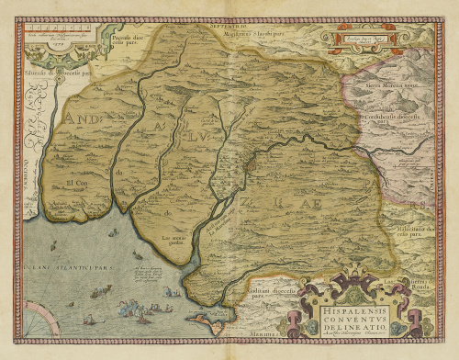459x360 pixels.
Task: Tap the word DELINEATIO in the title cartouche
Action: click(x=360, y=323)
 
